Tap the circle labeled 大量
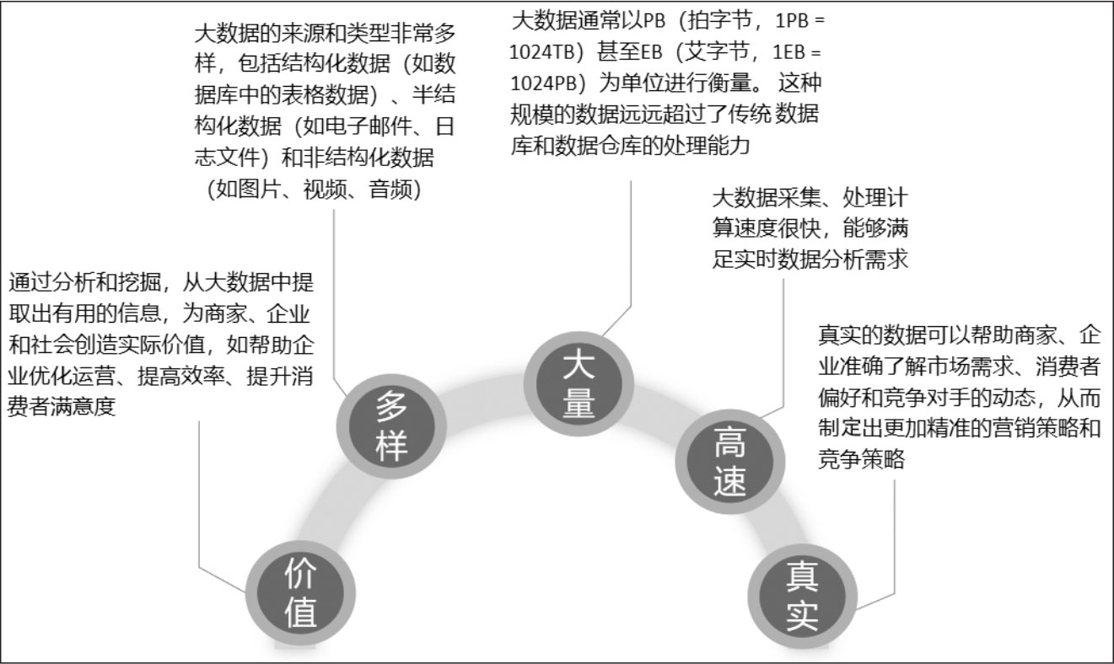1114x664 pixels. (579, 386)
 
